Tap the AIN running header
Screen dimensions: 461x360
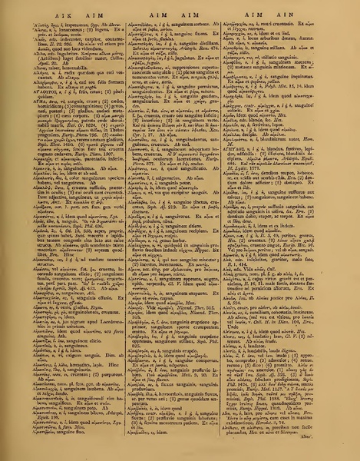(302, 12)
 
